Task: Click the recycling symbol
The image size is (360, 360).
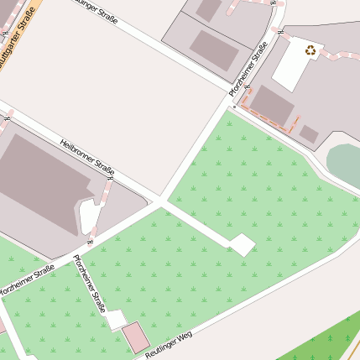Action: coord(312,50)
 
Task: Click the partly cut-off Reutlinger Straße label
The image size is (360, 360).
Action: coord(97,11)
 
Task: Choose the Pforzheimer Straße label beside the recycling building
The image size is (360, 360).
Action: coord(248,69)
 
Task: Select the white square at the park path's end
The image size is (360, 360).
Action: coord(242,244)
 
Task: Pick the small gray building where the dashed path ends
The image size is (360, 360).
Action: coord(309,133)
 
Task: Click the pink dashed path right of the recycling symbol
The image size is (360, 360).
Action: coord(340,56)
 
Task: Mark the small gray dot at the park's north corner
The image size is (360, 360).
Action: coord(234,107)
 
